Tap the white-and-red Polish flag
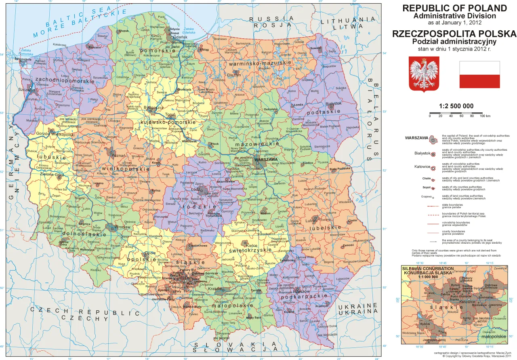click(x=479, y=75)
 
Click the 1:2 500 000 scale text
click(x=456, y=106)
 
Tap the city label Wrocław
click(x=122, y=227)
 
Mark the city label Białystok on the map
click(x=333, y=103)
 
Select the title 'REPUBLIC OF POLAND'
click(x=454, y=8)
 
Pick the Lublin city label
click(x=311, y=221)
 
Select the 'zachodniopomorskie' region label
click(x=65, y=81)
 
